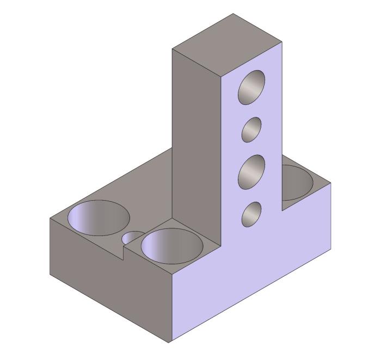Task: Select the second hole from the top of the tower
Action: pos(251,130)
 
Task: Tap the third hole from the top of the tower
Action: pos(252,172)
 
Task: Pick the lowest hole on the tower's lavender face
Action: pos(251,214)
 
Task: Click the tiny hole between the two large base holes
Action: pos(132,238)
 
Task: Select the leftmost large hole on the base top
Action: pos(99,218)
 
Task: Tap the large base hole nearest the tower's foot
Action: pos(171,245)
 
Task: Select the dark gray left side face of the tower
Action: pos(196,136)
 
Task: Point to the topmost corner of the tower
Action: pos(233,14)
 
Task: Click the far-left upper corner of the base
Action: pos(50,219)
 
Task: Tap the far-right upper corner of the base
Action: pos(331,183)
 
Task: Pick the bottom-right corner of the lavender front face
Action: pos(331,248)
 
